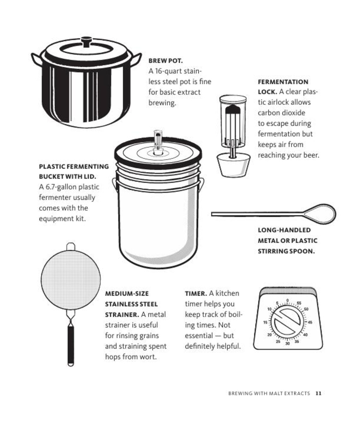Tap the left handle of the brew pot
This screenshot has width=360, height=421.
click(x=36, y=59)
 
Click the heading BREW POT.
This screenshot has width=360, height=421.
click(x=165, y=61)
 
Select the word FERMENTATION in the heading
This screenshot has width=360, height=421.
click(x=283, y=82)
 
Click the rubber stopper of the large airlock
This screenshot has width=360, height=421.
click(x=233, y=165)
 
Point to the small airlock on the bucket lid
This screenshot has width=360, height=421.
click(x=158, y=142)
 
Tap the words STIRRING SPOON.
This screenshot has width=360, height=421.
click(x=286, y=251)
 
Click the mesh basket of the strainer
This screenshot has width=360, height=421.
click(x=71, y=279)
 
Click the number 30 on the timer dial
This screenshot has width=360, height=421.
click(x=287, y=343)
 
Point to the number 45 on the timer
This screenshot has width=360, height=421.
click(x=310, y=322)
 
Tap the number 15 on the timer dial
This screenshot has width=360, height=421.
click(x=265, y=322)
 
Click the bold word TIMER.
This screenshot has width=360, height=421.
click(x=195, y=294)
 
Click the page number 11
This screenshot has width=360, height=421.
click(x=318, y=393)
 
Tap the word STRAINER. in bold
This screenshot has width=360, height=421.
click(x=122, y=315)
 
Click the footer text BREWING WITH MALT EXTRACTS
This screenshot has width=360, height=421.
click(x=269, y=393)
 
